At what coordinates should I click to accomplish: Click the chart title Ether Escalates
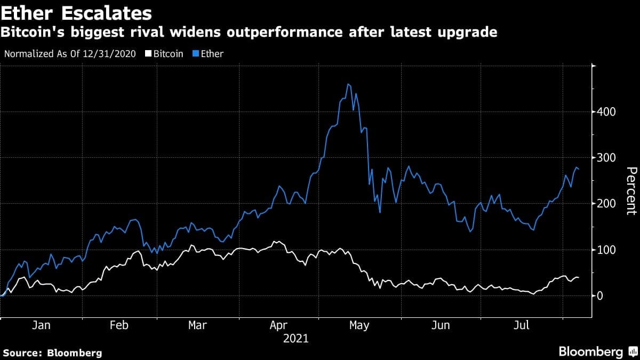tap(76, 13)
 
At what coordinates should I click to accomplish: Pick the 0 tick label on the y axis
tap(601, 295)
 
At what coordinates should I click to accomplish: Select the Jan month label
tap(41, 325)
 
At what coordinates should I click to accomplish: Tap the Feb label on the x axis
tap(119, 325)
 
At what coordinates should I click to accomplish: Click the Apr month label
tap(279, 325)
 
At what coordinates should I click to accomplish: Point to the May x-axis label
tap(359, 325)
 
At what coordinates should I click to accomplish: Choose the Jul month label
tap(521, 325)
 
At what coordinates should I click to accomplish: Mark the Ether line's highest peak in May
tap(348, 84)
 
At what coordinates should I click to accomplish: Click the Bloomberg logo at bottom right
tap(590, 351)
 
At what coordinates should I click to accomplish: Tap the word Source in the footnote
tap(23, 353)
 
